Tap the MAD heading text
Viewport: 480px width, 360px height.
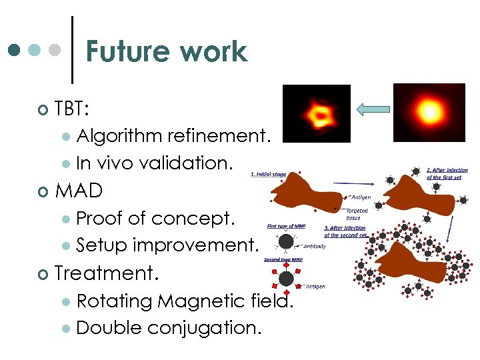click(79, 191)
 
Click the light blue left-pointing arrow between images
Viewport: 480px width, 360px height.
click(372, 109)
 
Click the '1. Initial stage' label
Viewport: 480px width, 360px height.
click(269, 175)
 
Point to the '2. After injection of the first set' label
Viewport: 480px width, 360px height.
click(447, 173)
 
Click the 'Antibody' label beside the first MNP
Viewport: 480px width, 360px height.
click(314, 247)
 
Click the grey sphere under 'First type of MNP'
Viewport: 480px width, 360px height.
click(285, 242)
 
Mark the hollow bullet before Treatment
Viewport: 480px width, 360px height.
click(43, 273)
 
